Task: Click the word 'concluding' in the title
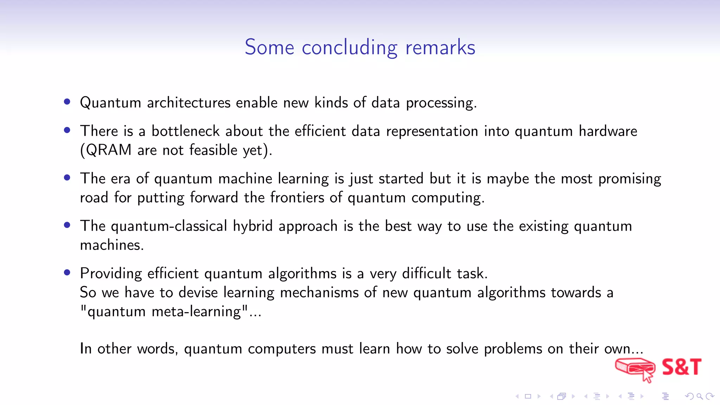(x=349, y=47)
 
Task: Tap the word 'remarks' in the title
(x=440, y=47)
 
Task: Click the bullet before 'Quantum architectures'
(x=67, y=102)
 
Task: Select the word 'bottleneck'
(x=185, y=131)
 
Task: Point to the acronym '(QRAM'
(x=106, y=150)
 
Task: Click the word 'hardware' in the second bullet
(x=608, y=131)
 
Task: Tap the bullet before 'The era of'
(x=67, y=178)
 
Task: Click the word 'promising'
(x=630, y=179)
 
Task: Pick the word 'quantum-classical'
(x=169, y=226)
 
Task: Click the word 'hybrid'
(x=253, y=226)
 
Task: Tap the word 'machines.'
(x=112, y=245)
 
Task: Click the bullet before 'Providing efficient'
(x=67, y=272)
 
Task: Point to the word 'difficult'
(x=426, y=274)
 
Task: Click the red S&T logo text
(x=681, y=367)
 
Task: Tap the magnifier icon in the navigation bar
(x=700, y=397)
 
